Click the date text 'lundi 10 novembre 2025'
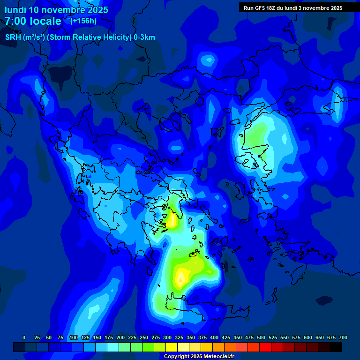pyautogui.click(x=56, y=10)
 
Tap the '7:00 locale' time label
pyautogui.click(x=33, y=21)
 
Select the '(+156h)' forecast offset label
pyautogui.click(x=83, y=21)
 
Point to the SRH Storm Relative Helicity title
pyautogui.click(x=80, y=37)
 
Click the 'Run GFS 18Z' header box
pyautogui.click(x=293, y=7)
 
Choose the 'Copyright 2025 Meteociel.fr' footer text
pyautogui.click(x=199, y=356)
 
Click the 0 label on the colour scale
pyautogui.click(x=24, y=337)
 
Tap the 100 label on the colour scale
pyautogui.click(x=74, y=337)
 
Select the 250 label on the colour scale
pyautogui.click(x=144, y=337)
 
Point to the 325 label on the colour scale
pyautogui.click(x=179, y=337)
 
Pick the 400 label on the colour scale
pyautogui.click(x=214, y=337)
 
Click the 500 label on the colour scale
pyautogui.click(x=261, y=337)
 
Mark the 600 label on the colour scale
pyautogui.click(x=308, y=337)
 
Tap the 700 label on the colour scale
pyautogui.click(x=343, y=337)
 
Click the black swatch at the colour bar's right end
pyautogui.click(x=336, y=347)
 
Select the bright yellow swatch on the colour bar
pyautogui.click(x=172, y=347)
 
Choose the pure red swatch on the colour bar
pyautogui.click(x=265, y=347)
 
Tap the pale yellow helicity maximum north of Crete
pyautogui.click(x=180, y=279)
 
